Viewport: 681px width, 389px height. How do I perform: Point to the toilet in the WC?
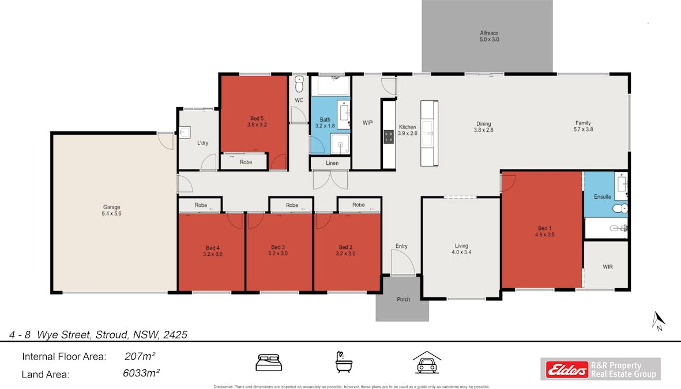tap(299, 84)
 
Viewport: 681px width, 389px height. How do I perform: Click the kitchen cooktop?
tap(389, 137)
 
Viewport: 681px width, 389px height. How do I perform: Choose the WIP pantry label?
tap(367, 123)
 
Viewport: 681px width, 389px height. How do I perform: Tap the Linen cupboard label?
tap(332, 163)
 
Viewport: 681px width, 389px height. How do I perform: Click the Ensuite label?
tap(603, 197)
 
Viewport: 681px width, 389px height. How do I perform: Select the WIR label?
tap(608, 267)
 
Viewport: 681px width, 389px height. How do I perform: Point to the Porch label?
tap(404, 299)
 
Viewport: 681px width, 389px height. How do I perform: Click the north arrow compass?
tap(658, 321)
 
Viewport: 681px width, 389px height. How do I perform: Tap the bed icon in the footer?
tap(269, 363)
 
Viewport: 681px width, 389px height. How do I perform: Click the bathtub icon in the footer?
tap(344, 362)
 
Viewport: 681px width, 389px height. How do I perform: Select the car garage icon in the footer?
tap(427, 362)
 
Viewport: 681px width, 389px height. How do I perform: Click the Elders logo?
tap(567, 369)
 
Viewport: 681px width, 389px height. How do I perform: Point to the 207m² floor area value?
tap(140, 356)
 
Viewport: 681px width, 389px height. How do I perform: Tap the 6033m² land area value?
tap(141, 373)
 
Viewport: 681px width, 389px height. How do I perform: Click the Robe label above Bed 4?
tap(201, 205)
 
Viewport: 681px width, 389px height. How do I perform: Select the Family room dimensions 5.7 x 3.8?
tap(584, 129)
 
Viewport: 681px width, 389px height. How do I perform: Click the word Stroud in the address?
tap(112, 335)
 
